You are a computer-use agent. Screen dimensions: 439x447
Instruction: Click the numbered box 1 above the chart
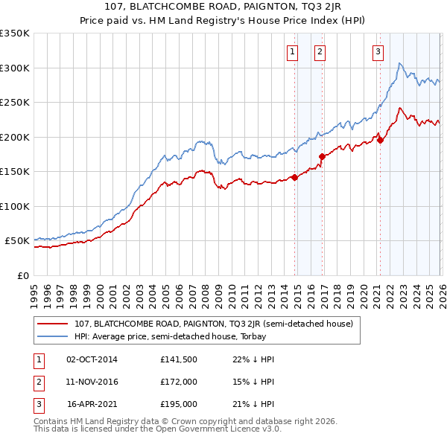[x=291, y=51]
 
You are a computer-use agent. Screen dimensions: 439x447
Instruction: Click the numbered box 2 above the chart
[x=319, y=51]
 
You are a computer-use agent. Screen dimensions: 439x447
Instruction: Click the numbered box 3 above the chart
[x=378, y=51]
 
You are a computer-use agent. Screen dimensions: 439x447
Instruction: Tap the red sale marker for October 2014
[x=294, y=177]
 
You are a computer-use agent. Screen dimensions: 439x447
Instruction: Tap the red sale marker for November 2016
[x=323, y=156]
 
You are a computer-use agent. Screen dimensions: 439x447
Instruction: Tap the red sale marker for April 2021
[x=380, y=140]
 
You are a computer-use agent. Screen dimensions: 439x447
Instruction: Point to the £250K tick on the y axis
[x=15, y=103]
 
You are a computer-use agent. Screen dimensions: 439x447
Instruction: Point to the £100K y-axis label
[x=15, y=206]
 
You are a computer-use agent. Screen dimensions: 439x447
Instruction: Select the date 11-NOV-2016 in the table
[x=92, y=382]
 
